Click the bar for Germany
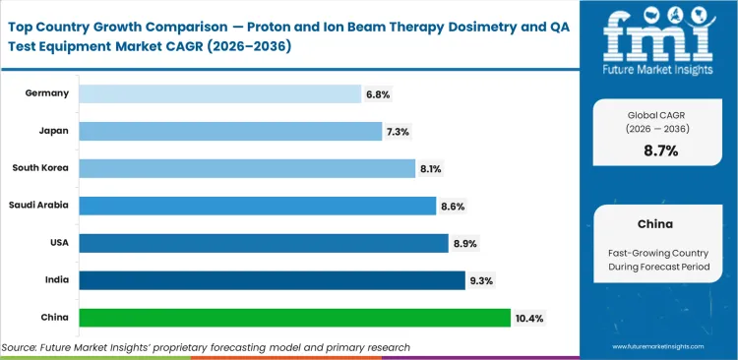coord(219,93)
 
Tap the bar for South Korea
coord(247,168)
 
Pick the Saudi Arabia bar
coord(257,206)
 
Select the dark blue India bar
coord(272,280)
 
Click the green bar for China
coord(294,318)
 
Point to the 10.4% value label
coord(529,318)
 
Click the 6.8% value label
coord(379,93)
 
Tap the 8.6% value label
coord(453,206)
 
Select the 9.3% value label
coord(482,280)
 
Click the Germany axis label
coord(48,93)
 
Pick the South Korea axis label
coord(41,168)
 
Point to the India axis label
coord(56,280)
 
